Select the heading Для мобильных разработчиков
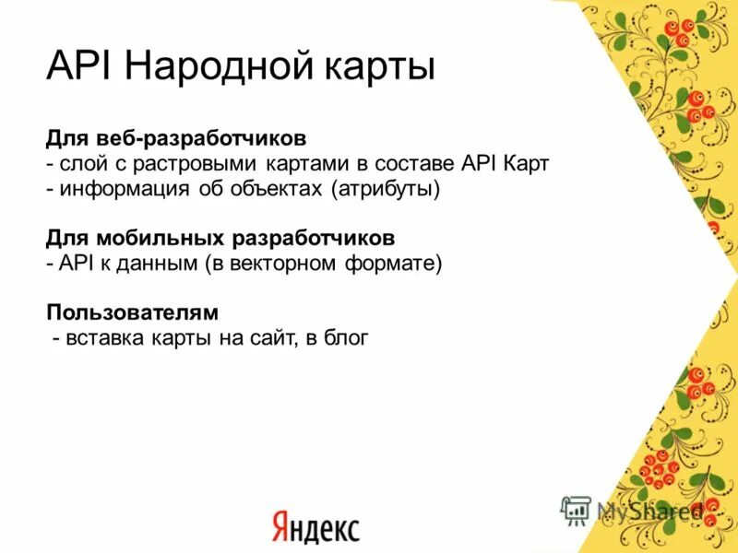pyautogui.click(x=220, y=238)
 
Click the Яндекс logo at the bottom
pyautogui.click(x=315, y=527)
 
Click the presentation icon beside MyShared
pyautogui.click(x=577, y=511)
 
